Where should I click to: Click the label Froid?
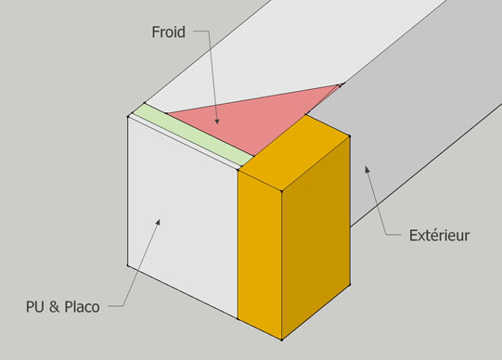tap(168, 32)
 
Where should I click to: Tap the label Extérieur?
tap(439, 236)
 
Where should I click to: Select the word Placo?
tap(82, 306)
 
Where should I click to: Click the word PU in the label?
tap(34, 306)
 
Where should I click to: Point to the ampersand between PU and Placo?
tap(54, 306)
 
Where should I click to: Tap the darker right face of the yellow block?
tap(315, 238)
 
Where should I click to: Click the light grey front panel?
tap(183, 217)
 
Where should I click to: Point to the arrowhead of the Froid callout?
tap(217, 121)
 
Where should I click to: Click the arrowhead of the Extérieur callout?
tap(367, 169)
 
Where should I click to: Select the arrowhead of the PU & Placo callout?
tap(158, 222)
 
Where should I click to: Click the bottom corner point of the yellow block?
tap(282, 340)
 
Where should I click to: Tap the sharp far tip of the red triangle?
tap(341, 84)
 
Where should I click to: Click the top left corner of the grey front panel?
tap(128, 117)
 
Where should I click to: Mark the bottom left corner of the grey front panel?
tap(128, 265)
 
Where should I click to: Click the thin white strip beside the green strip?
tap(185, 142)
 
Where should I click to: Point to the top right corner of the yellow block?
tap(350, 136)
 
